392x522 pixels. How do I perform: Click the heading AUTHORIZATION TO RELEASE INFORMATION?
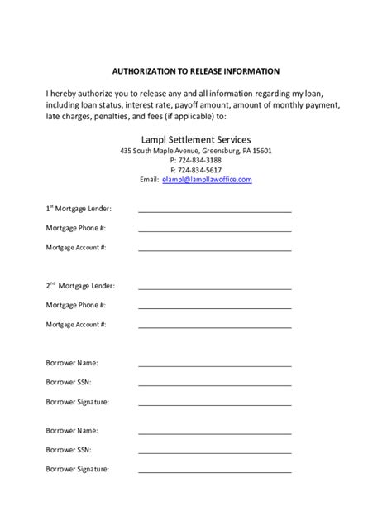[x=196, y=71]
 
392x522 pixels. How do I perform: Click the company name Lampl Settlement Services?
[x=196, y=139]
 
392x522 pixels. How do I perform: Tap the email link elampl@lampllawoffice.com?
[x=208, y=179]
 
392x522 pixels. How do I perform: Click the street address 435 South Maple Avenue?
[x=164, y=151]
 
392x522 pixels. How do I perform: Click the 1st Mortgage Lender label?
[x=79, y=209]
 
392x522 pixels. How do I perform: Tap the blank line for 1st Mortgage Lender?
[x=215, y=211]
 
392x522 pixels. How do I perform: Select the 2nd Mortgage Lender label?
[x=80, y=286]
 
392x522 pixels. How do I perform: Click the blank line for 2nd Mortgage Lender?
[x=215, y=288]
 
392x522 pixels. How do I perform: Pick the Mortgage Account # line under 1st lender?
[x=215, y=249]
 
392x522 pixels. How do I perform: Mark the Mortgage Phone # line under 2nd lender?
[x=215, y=307]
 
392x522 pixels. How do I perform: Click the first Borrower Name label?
[x=72, y=363]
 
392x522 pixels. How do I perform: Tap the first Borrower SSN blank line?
[x=215, y=384]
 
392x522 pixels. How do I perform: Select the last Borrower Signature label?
[x=77, y=469]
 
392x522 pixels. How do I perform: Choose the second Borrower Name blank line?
[x=215, y=433]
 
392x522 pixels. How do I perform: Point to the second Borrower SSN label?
[x=69, y=450]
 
